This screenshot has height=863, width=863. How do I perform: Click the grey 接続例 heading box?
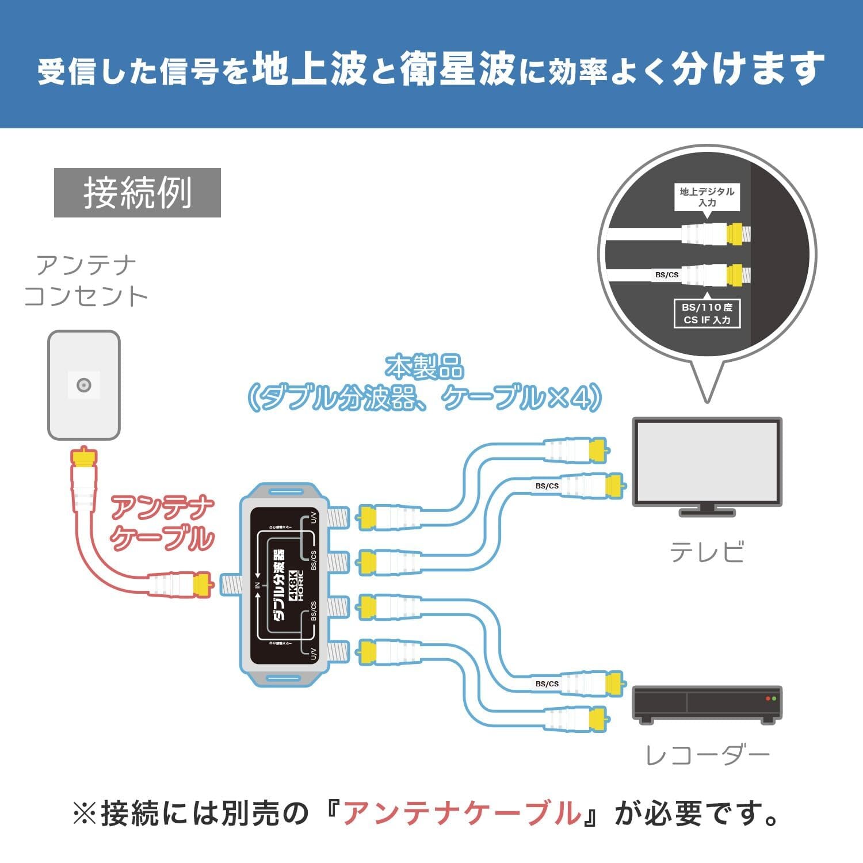point(137,193)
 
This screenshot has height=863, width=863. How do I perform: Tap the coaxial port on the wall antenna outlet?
point(84,385)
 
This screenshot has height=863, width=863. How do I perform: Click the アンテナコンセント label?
point(86,281)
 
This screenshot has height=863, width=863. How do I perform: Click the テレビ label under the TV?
point(707,552)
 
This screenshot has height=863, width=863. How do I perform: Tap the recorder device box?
point(707,703)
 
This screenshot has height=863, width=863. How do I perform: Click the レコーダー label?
point(707,755)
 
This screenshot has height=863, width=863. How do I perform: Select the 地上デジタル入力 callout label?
point(707,197)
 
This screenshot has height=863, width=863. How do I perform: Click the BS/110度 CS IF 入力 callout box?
point(707,314)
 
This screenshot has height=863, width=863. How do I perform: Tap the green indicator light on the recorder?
point(774,698)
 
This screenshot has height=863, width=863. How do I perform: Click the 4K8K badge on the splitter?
point(293,585)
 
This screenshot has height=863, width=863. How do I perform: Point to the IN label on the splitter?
point(257,586)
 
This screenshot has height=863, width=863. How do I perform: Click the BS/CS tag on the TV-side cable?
point(547,486)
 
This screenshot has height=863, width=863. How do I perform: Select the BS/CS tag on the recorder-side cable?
point(547,684)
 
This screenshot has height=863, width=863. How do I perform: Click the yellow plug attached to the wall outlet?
point(84,456)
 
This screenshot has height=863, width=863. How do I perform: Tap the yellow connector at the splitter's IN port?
point(203,585)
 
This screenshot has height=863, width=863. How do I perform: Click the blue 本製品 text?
point(425,367)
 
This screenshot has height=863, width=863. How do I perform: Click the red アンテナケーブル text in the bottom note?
point(462,814)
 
